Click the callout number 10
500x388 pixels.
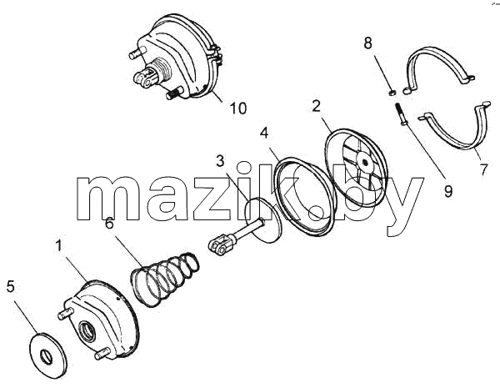[x=238, y=108]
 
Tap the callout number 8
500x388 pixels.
[x=368, y=43]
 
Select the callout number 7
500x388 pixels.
[x=484, y=169]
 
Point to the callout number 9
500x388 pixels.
[x=448, y=191]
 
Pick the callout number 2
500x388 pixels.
[x=316, y=106]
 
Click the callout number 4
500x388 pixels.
[x=264, y=134]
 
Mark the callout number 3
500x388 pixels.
[x=220, y=161]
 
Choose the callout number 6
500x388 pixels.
[x=109, y=224]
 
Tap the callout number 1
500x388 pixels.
[x=58, y=246]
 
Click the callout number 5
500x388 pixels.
[x=11, y=286]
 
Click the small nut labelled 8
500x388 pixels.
[x=392, y=93]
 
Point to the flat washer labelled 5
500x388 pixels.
[x=47, y=355]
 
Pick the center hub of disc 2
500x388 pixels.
[x=364, y=162]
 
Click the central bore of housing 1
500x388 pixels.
[x=87, y=330]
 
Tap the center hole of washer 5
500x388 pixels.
[x=47, y=356]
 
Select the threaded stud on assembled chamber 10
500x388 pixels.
[x=174, y=93]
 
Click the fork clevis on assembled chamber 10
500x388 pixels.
[x=145, y=79]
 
